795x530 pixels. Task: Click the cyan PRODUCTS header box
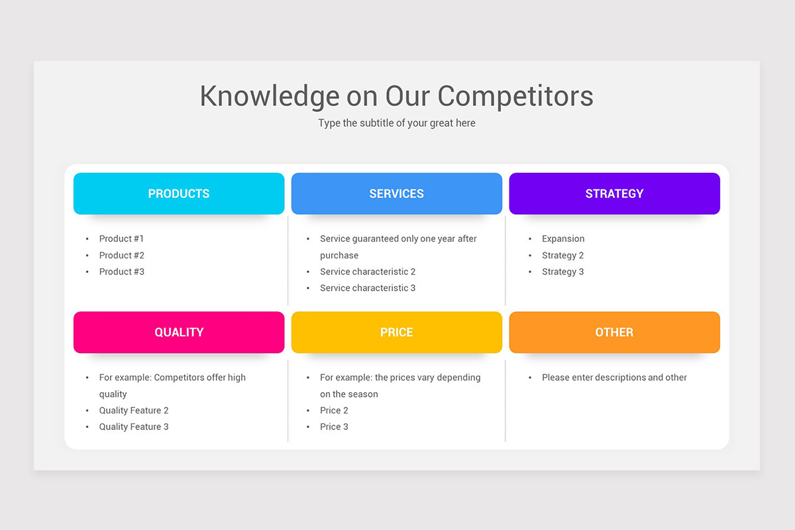tap(179, 193)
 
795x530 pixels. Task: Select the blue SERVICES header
tap(396, 193)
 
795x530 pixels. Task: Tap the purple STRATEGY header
tap(614, 193)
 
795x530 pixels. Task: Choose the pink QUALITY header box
tap(179, 332)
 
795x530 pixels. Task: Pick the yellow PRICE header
tap(396, 332)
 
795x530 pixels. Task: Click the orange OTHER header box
tap(614, 332)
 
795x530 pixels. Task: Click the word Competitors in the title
tap(515, 95)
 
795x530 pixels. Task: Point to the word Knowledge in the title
tap(269, 95)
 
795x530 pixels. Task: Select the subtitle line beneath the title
tap(396, 123)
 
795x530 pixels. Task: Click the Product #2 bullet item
tap(121, 255)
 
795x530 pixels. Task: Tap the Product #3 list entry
tap(121, 272)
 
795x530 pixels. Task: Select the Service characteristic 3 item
tap(368, 288)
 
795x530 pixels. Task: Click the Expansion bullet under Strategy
tap(563, 238)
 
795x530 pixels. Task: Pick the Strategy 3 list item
tap(562, 272)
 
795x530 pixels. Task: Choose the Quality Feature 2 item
tap(134, 410)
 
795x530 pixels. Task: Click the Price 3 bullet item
tap(334, 427)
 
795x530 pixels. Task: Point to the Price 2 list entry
tap(334, 410)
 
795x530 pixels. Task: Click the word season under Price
tap(363, 394)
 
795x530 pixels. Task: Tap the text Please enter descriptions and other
tap(614, 378)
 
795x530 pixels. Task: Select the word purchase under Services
tap(339, 255)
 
